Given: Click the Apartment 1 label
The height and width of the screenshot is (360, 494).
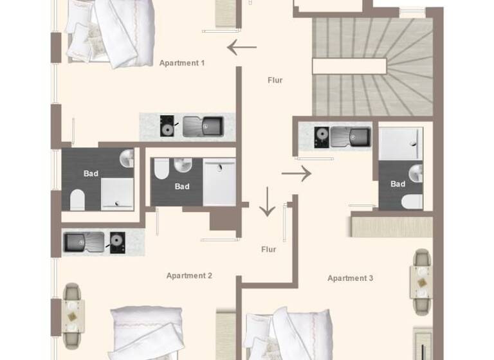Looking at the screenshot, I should [182, 63].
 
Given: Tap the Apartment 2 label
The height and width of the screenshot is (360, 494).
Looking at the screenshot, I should [189, 276].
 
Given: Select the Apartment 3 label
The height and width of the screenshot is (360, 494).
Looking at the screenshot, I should [350, 278].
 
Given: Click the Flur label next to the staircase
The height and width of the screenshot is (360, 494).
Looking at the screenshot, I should [275, 80].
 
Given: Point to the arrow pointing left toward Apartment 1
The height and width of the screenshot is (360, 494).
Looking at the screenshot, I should [242, 48].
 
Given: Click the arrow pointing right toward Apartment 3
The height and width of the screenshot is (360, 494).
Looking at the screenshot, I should [296, 173].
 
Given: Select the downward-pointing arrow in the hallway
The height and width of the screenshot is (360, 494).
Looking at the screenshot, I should [267, 203].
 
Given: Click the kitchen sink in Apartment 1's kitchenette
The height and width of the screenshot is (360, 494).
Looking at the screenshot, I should [202, 126].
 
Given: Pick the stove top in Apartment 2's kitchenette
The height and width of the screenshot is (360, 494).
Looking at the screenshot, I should [118, 242].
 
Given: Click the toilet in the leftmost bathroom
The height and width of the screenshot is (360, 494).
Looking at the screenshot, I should [77, 200].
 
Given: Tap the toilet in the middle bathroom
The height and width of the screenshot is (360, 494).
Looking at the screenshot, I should [161, 168].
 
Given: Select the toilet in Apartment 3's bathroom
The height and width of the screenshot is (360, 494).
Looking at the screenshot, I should [412, 201].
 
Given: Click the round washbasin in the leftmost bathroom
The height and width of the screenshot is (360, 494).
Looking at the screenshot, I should [127, 157].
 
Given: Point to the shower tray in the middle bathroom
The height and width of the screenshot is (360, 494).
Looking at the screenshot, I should [220, 182].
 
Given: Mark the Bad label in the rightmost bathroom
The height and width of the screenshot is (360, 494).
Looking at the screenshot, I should [398, 184].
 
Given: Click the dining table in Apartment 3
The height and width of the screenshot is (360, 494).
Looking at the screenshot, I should [421, 282].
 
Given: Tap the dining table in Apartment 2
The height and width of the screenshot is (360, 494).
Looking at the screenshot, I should [73, 316].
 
